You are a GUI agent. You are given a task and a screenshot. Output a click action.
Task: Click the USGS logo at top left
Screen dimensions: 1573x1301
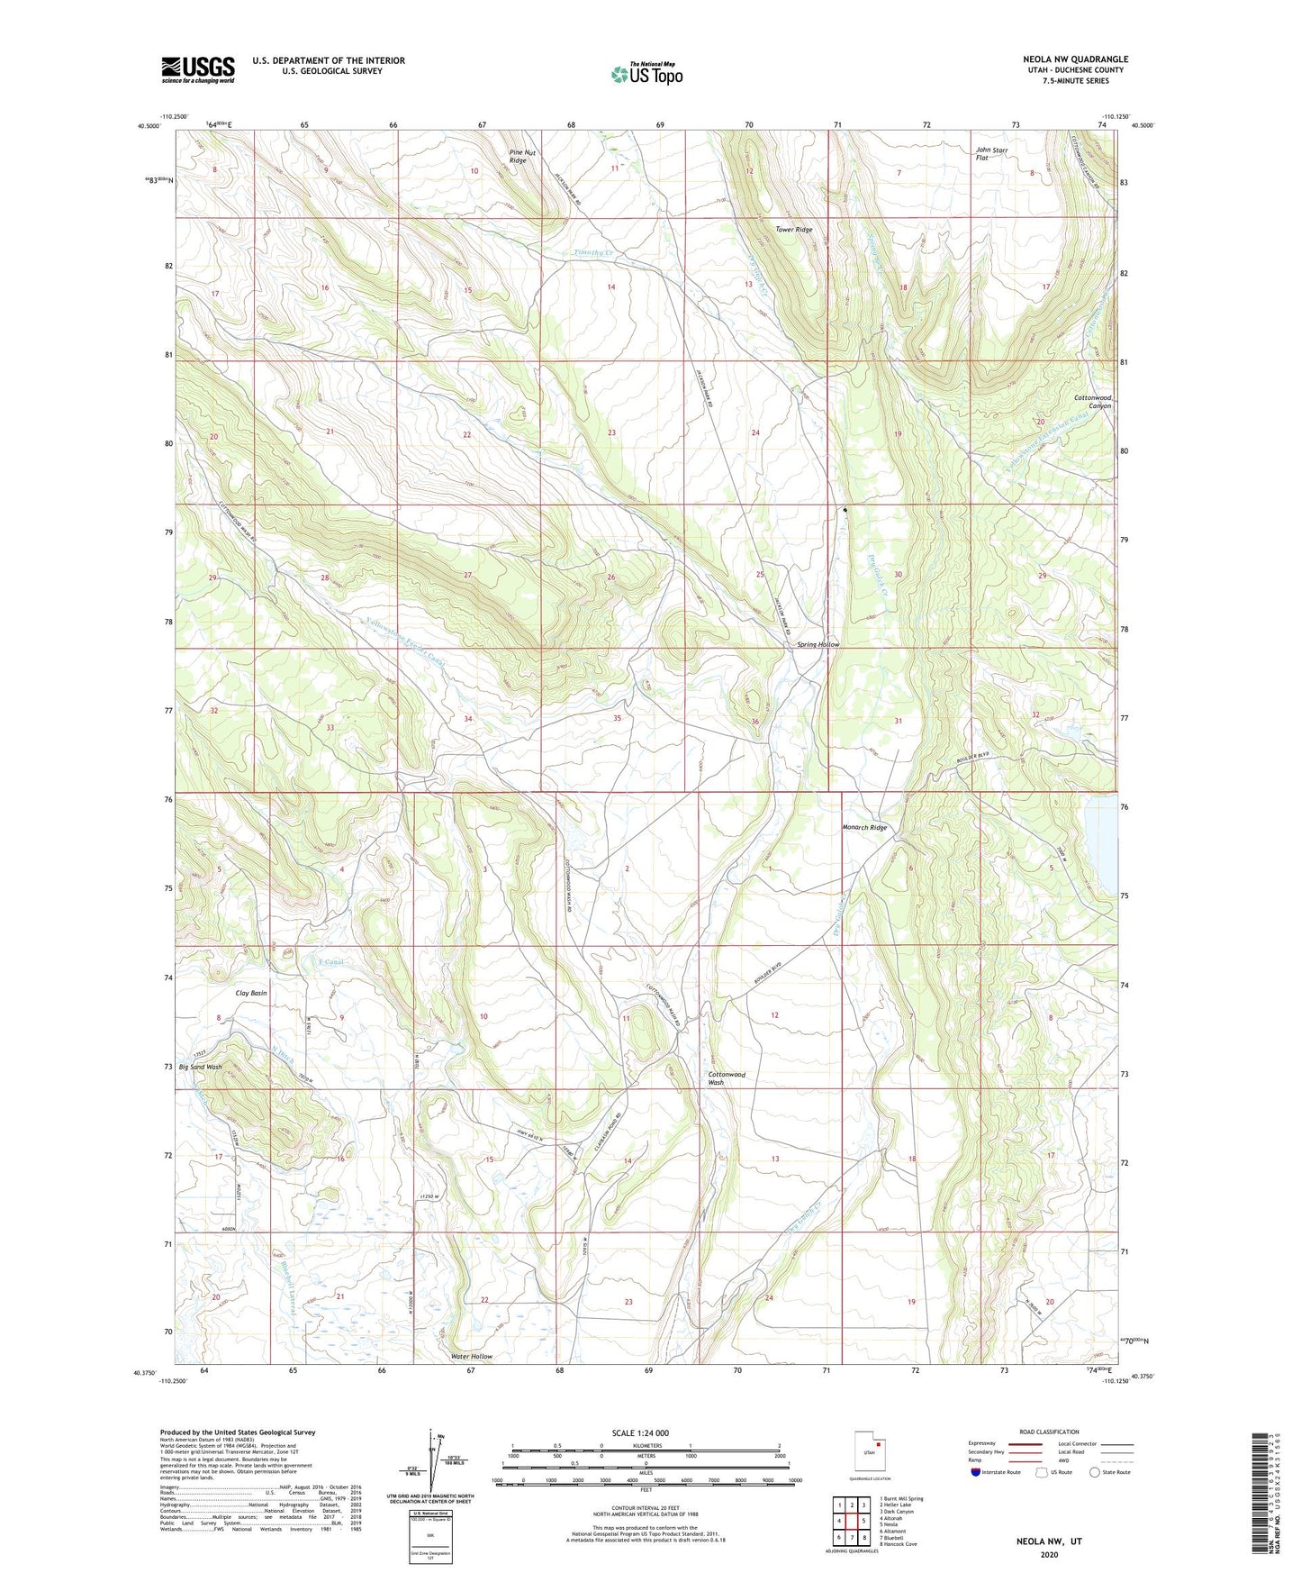click(x=198, y=68)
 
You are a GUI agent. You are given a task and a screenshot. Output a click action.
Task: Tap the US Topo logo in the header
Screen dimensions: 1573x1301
click(x=646, y=73)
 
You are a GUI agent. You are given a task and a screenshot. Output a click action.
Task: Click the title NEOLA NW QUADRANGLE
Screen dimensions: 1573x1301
click(x=1075, y=59)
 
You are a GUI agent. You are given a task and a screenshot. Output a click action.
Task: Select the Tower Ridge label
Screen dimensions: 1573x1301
click(x=794, y=230)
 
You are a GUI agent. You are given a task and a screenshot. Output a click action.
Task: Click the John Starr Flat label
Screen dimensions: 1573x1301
click(x=991, y=153)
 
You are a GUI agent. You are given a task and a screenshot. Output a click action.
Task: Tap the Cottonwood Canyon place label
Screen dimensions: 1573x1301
click(x=1092, y=401)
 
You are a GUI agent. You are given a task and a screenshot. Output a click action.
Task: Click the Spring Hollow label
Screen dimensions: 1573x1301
click(x=818, y=645)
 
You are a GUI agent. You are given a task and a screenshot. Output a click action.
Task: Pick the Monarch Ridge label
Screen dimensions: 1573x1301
click(x=864, y=827)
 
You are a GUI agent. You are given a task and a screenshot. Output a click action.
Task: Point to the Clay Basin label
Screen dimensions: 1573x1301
click(x=251, y=993)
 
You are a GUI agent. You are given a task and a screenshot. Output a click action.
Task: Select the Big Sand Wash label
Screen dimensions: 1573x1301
click(x=201, y=1067)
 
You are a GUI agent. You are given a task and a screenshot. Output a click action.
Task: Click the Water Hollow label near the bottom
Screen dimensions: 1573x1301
click(x=472, y=1357)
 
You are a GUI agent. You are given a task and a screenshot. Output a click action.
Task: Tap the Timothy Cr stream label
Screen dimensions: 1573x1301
click(x=593, y=253)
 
